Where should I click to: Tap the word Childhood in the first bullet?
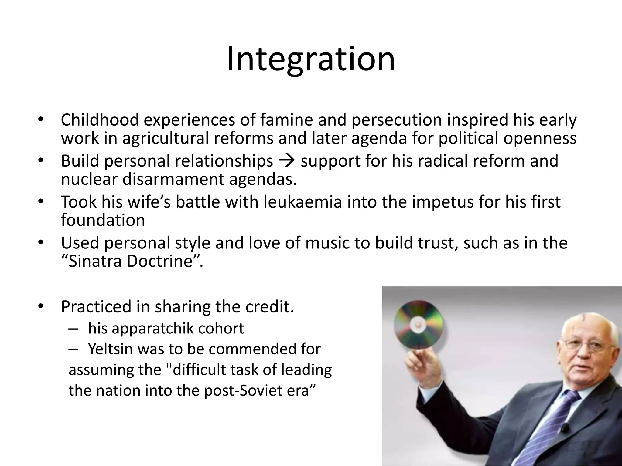coord(100,120)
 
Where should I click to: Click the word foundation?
coord(103,220)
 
